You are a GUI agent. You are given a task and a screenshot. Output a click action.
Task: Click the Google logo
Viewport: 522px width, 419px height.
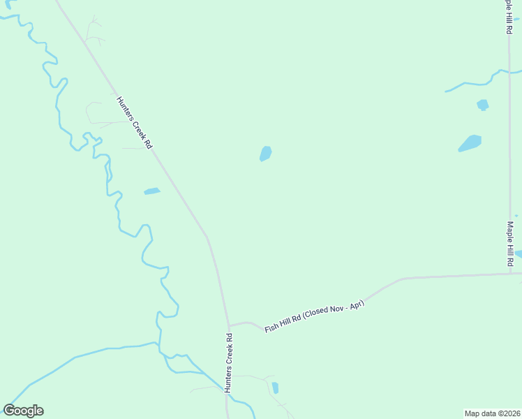(23, 411)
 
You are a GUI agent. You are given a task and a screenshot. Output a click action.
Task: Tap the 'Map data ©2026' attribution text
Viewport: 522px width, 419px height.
(492, 413)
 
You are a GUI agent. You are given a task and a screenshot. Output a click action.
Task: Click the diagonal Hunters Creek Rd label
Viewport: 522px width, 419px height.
(134, 122)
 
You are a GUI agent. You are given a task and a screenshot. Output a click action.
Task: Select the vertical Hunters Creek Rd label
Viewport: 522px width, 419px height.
(228, 362)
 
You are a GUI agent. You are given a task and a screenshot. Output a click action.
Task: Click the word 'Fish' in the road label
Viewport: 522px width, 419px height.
(272, 328)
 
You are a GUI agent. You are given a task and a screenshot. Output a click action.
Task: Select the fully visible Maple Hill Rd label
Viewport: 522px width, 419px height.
(510, 243)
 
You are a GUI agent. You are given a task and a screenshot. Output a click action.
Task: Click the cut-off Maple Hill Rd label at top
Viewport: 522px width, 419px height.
(509, 17)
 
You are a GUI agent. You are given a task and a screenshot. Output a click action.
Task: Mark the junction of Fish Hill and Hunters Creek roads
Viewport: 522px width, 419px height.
(228, 325)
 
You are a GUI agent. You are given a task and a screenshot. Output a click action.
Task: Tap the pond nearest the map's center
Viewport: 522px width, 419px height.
(265, 154)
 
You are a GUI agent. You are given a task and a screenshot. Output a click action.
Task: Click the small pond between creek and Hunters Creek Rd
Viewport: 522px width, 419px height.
(151, 191)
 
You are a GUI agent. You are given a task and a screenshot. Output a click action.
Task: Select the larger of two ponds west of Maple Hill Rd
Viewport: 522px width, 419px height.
(470, 143)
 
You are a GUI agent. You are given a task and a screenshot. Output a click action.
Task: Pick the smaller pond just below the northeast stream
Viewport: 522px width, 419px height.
(482, 105)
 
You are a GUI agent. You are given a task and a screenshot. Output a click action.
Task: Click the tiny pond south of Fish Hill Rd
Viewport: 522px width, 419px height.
(276, 388)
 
